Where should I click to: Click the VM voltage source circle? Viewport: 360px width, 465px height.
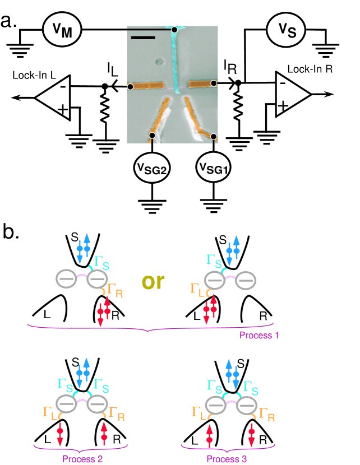pos(62,30)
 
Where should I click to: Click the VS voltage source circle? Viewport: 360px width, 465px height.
pos(286,30)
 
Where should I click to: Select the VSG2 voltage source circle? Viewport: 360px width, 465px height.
pos(152,168)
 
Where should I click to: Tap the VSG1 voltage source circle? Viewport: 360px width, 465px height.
pos(214,168)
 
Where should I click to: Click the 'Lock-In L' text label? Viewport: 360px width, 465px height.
pos(34,75)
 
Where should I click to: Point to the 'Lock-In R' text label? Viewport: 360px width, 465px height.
pos(310,69)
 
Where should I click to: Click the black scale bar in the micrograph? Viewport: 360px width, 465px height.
pos(143,38)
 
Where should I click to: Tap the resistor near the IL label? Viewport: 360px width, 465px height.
pos(104,105)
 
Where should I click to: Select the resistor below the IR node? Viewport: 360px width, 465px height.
pos(238,104)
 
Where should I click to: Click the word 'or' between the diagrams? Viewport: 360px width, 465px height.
pos(153,281)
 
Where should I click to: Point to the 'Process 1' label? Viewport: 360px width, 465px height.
pos(259,336)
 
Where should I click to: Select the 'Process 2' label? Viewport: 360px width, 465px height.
pos(82,459)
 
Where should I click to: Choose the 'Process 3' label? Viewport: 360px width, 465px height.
pos(227,459)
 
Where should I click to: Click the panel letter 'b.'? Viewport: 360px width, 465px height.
pos(11,231)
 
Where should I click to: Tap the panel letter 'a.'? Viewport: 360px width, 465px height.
pos(9,21)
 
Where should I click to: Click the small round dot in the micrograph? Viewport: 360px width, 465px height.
pos(160,62)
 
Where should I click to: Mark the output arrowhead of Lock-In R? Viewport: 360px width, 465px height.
pos(329,94)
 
